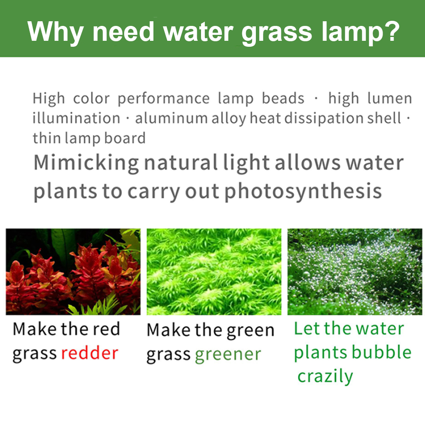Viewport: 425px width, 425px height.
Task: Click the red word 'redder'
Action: coord(90,353)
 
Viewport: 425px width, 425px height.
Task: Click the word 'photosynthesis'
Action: coord(303,192)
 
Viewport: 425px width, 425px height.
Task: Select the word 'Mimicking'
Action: coord(86,163)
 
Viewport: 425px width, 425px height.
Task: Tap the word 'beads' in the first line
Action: coord(283,98)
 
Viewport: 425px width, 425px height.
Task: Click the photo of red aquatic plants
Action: coord(73,272)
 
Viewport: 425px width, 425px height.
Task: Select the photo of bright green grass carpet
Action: coord(214,272)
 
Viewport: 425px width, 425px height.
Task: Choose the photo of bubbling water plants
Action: coord(355,272)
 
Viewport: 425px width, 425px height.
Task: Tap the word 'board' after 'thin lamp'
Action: coord(125,138)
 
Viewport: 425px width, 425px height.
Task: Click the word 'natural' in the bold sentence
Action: coord(181,163)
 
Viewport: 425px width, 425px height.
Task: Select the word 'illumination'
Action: coord(76,119)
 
